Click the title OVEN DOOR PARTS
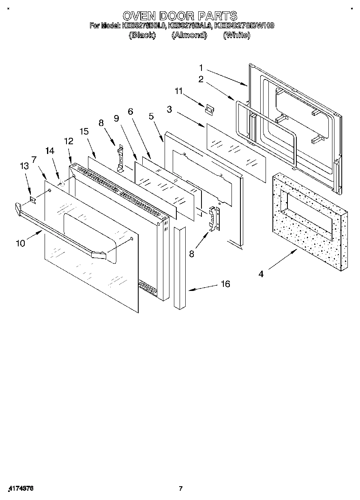click(x=180, y=16)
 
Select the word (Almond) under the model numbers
click(x=189, y=35)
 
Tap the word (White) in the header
click(x=236, y=35)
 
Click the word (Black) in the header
click(x=142, y=35)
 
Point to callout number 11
click(x=179, y=92)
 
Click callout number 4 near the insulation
click(x=261, y=274)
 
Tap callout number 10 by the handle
click(x=20, y=243)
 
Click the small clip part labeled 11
click(x=210, y=109)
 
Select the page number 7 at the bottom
click(x=181, y=488)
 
